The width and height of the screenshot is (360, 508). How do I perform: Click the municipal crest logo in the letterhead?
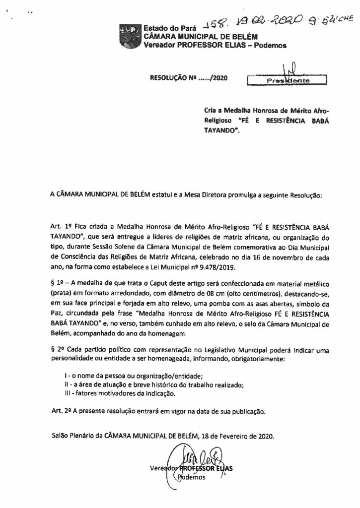(x=129, y=38)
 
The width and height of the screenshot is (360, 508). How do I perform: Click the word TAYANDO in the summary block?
(x=221, y=129)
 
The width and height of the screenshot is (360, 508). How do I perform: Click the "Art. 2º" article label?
(x=60, y=412)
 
